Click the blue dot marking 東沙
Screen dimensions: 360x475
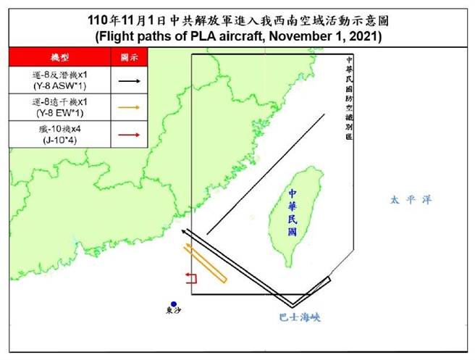click(174, 304)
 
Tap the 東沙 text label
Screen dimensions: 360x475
click(174, 312)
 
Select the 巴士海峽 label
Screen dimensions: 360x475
click(299, 317)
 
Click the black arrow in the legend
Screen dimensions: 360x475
click(130, 80)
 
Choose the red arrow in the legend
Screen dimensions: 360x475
click(130, 134)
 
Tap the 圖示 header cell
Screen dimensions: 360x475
click(130, 56)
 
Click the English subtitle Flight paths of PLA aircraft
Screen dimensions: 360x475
click(238, 35)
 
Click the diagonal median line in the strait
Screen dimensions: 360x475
click(265, 175)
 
